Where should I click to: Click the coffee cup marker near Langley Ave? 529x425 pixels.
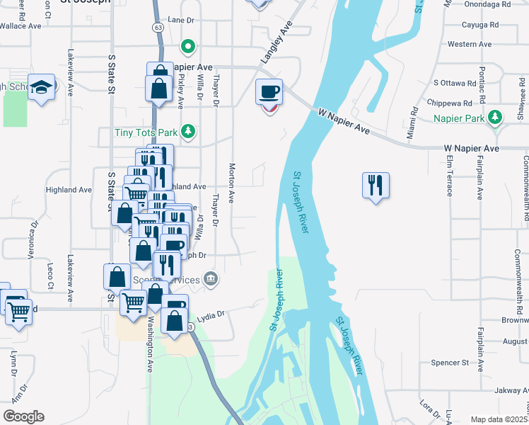269,92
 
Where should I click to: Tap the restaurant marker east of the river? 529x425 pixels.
375,186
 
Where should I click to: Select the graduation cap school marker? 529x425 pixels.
42,87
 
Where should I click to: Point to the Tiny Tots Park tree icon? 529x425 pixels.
187,131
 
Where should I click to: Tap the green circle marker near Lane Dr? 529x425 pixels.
187,47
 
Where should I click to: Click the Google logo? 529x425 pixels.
23,416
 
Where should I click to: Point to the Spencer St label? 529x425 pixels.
450,363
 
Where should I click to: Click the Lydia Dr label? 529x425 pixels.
210,314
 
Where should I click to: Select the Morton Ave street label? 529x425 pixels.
231,183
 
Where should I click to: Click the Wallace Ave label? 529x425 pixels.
21,26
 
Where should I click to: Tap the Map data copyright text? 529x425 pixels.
499,419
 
